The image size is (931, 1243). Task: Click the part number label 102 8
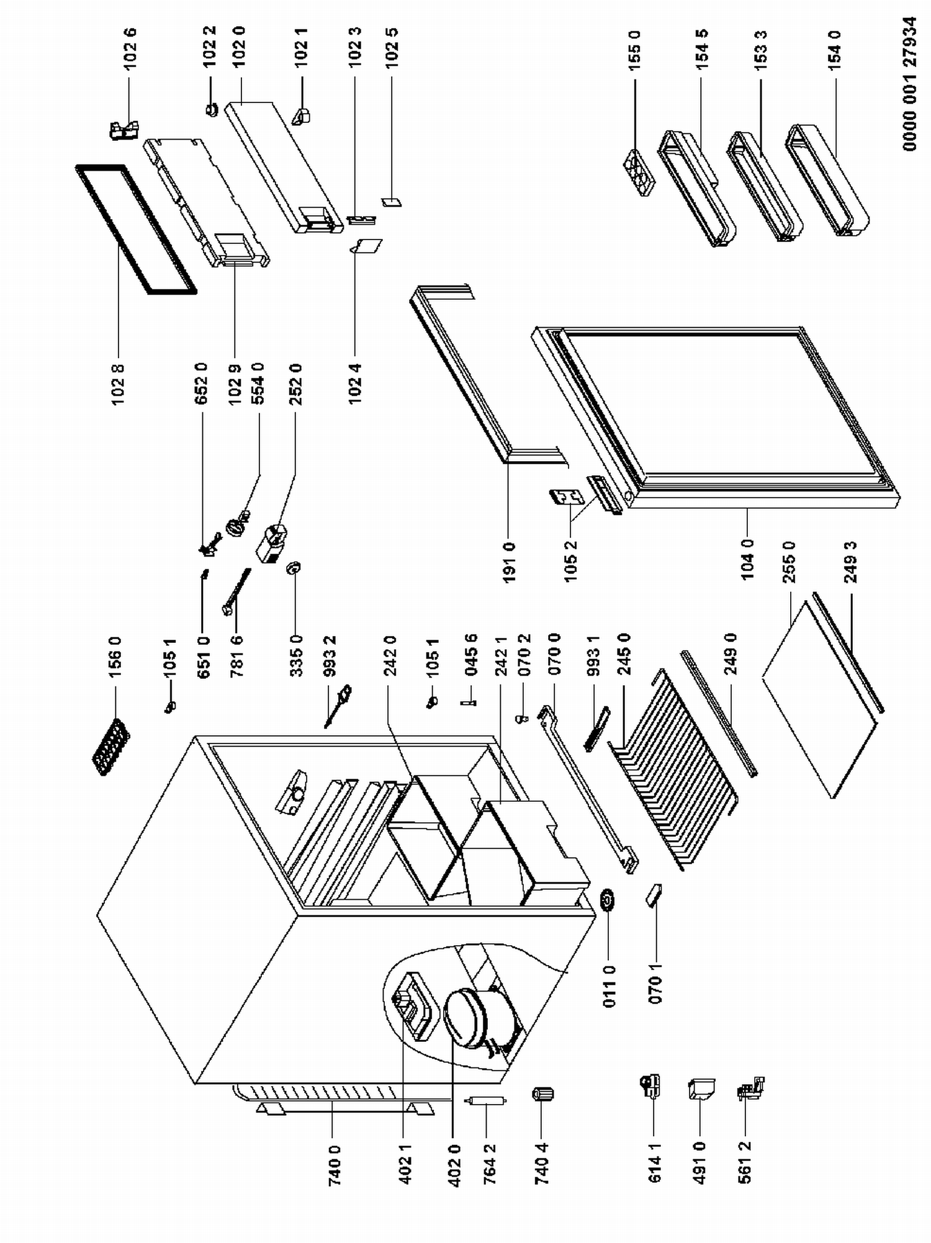tap(118, 384)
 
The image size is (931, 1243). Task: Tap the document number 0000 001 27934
tap(909, 84)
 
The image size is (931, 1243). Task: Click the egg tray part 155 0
tap(639, 173)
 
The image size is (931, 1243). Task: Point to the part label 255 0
tap(789, 562)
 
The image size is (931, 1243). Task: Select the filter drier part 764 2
tap(485, 1101)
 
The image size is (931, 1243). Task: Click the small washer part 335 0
tap(293, 567)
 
